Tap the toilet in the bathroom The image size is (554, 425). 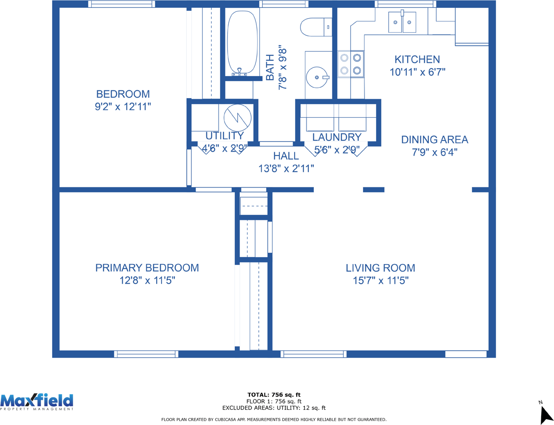(315, 27)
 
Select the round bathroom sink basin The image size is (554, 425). (317, 77)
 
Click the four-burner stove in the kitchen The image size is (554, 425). (351, 64)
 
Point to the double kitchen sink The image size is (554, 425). (402, 22)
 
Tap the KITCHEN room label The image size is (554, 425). (417, 59)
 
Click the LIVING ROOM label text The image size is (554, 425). (380, 268)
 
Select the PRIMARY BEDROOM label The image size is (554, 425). (147, 268)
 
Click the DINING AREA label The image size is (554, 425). (435, 140)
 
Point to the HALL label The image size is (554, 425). (286, 156)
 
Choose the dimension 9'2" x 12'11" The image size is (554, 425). (123, 106)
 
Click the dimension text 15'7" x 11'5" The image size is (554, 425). (381, 281)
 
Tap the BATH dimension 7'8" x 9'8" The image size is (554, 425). (282, 67)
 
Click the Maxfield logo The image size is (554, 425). (37, 402)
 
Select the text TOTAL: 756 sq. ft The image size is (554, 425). (274, 395)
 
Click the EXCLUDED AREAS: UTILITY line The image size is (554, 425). (274, 408)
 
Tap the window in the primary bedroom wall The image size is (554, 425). (146, 354)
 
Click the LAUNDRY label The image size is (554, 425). (337, 137)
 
